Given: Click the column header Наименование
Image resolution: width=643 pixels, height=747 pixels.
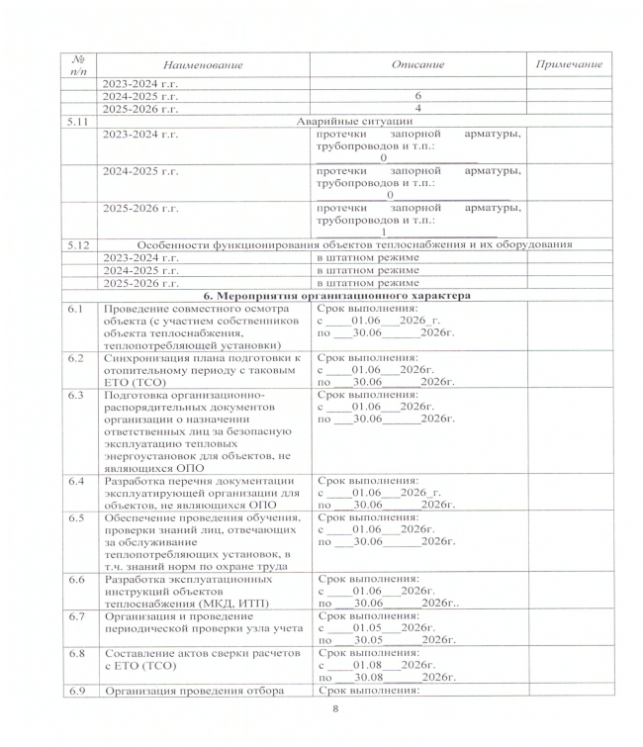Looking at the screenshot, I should [x=203, y=64].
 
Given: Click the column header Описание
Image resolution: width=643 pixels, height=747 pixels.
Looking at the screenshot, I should [x=417, y=64].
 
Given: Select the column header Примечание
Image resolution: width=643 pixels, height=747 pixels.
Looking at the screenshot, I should [x=568, y=64].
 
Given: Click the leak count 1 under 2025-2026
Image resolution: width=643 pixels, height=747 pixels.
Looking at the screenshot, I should [x=383, y=232].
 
